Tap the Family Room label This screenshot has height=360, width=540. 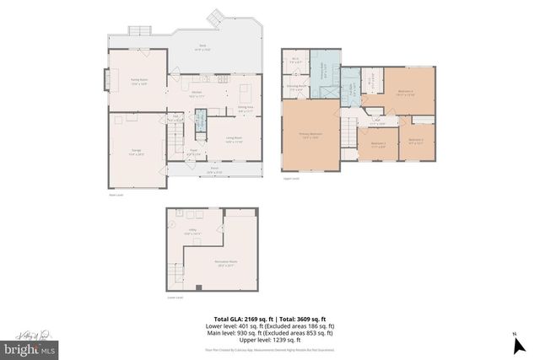139,81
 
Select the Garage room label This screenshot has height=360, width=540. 136,153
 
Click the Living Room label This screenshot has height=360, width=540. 234,139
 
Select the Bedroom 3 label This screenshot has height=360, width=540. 376,144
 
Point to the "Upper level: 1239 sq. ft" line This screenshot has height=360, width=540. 269,339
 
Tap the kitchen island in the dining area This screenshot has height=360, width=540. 246,89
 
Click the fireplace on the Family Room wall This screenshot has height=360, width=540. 107,81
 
